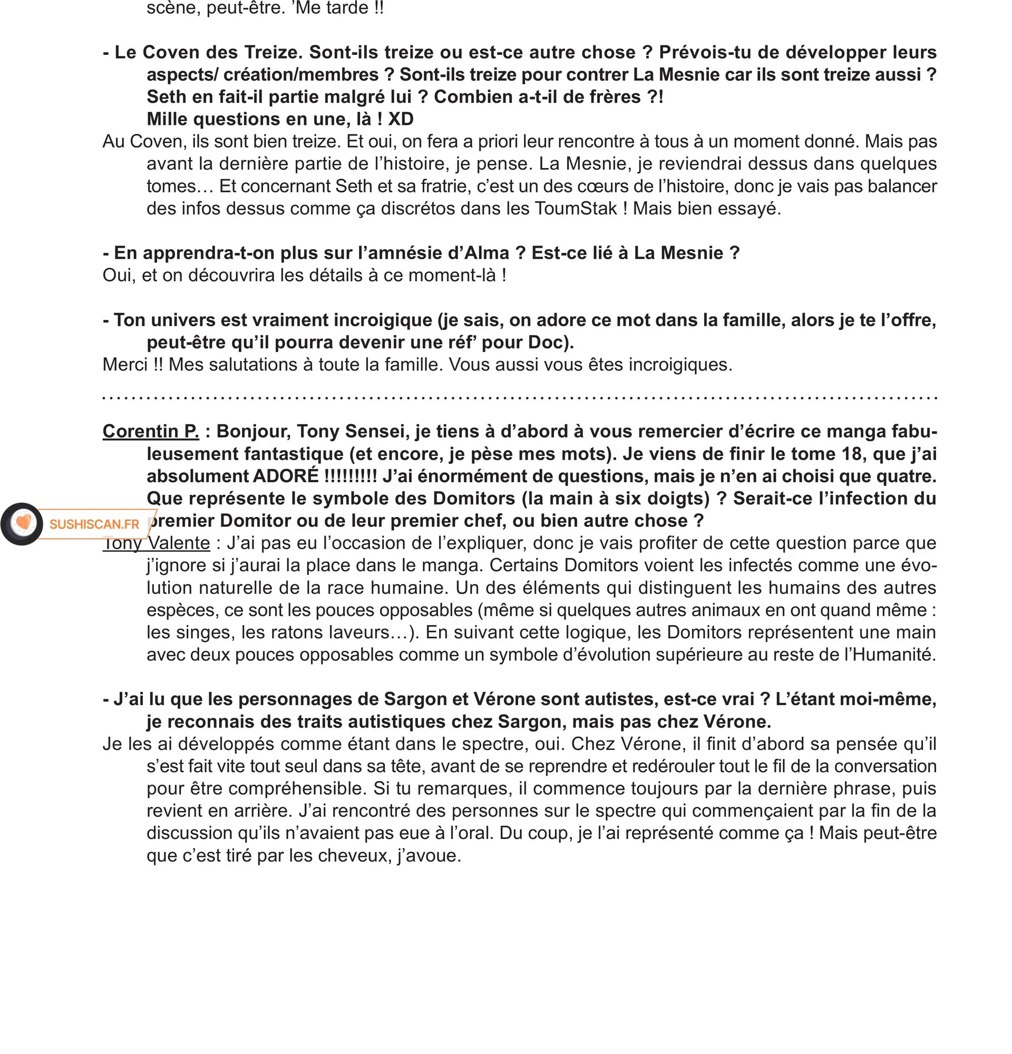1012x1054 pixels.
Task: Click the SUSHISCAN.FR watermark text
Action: [x=94, y=524]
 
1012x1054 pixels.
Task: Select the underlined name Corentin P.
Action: [x=151, y=431]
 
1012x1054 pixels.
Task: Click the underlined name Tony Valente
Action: [x=157, y=543]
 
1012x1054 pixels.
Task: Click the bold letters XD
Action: [x=401, y=119]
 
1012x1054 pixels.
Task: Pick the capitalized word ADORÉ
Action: [x=286, y=476]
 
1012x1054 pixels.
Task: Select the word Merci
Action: [x=125, y=365]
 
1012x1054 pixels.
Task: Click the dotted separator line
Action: [x=520, y=398]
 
